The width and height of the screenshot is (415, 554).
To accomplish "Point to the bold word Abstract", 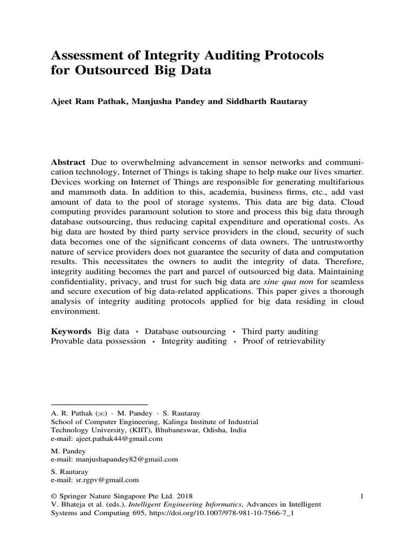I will pos(68,162).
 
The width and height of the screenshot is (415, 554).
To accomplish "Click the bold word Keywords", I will pos(71,331).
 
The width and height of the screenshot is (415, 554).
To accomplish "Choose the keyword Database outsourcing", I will pos(185,331).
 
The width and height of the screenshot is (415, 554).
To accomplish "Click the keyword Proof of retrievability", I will pos(284,341).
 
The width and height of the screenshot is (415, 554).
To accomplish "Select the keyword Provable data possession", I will pos(98,341).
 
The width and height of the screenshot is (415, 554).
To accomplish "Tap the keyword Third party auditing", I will pos(280,331).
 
